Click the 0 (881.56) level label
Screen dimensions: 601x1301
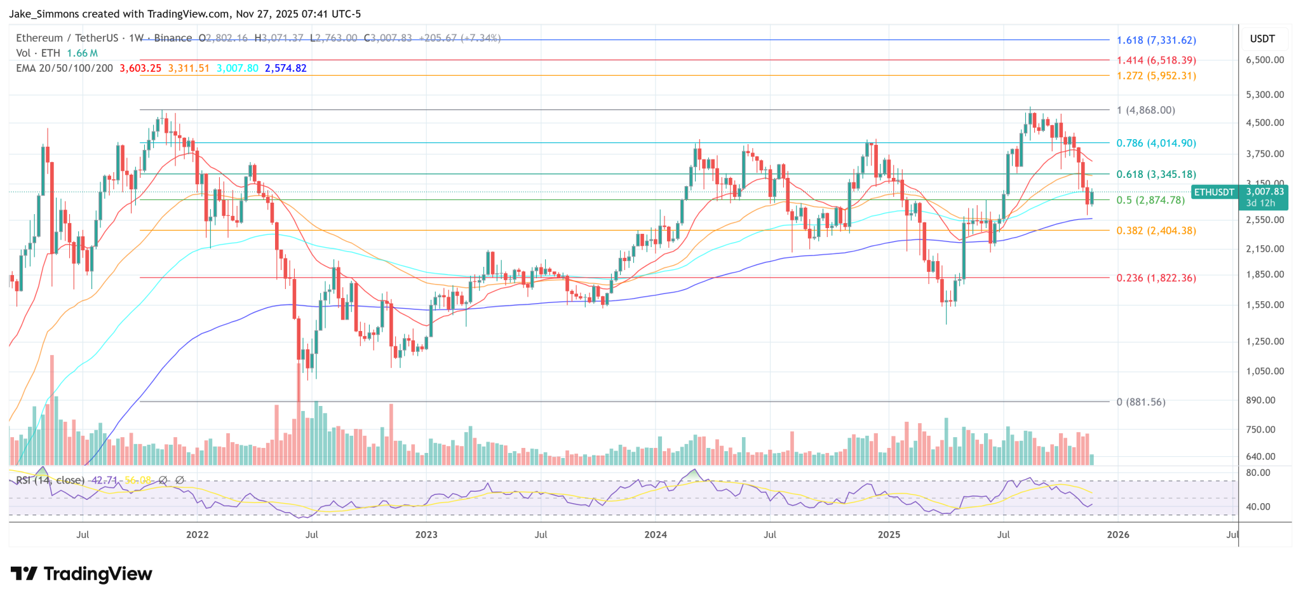click(x=1141, y=402)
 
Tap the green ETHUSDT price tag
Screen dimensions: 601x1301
click(x=1213, y=192)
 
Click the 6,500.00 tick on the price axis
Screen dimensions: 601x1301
click(x=1265, y=60)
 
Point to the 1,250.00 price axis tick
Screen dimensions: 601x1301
click(x=1265, y=341)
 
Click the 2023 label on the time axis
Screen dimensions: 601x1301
click(x=426, y=534)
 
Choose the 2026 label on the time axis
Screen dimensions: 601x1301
click(x=1118, y=534)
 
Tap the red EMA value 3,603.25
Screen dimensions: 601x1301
click(x=140, y=68)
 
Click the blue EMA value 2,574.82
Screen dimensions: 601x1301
click(x=285, y=68)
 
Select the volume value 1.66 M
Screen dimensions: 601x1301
click(x=82, y=53)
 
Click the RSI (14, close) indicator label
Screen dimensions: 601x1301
click(x=50, y=480)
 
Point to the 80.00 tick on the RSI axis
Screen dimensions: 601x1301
click(x=1258, y=473)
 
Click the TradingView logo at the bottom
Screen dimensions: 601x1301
click(x=82, y=574)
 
